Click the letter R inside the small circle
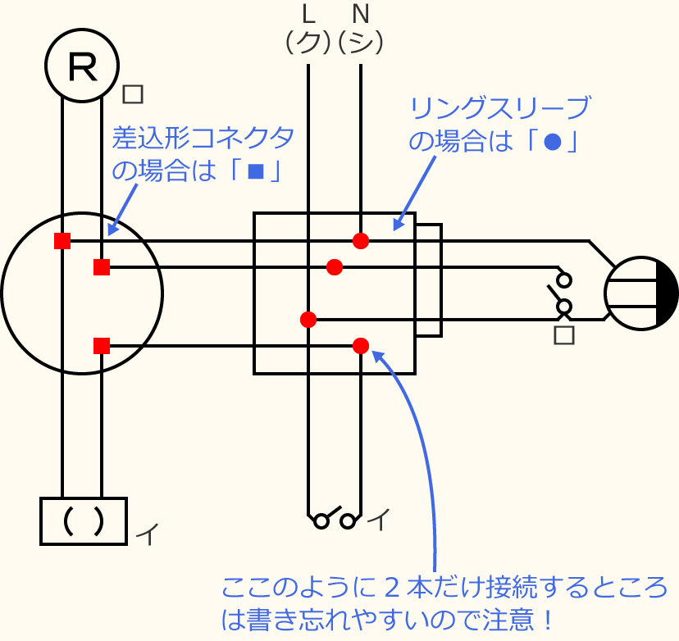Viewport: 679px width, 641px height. click(81, 66)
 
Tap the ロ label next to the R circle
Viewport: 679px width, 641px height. click(133, 93)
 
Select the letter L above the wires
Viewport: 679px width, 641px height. click(308, 13)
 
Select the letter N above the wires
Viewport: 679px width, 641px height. click(360, 13)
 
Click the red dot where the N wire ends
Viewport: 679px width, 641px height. click(361, 241)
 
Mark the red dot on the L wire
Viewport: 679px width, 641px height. click(308, 320)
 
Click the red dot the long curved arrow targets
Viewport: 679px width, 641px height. click(361, 346)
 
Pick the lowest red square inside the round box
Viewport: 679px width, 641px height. click(102, 346)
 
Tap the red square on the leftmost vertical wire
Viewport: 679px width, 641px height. click(62, 241)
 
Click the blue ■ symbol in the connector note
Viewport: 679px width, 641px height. click(256, 172)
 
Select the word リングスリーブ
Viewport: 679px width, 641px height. click(499, 108)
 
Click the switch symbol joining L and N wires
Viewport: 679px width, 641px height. click(335, 519)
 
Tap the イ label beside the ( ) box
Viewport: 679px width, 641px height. click(147, 534)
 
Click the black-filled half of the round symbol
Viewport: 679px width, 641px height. click(668, 293)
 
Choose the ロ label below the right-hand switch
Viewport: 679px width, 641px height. click(563, 334)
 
